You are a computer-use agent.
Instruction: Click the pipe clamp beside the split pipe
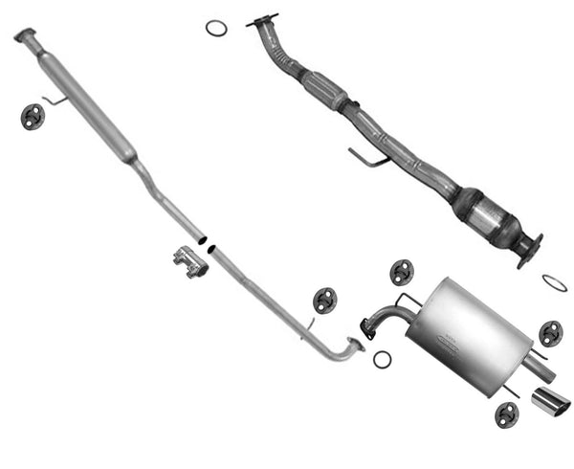[x=190, y=260]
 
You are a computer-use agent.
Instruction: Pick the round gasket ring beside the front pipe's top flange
[x=216, y=28]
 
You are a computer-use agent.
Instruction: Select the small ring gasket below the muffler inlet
[x=382, y=359]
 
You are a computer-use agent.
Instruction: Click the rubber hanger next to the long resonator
[x=33, y=117]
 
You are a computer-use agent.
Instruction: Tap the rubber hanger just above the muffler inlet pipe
[x=402, y=273]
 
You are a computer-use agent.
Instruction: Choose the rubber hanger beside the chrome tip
[x=506, y=414]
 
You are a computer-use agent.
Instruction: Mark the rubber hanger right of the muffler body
[x=550, y=333]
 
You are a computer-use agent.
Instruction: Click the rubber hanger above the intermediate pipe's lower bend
[x=325, y=300]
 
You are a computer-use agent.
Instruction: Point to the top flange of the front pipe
[x=261, y=20]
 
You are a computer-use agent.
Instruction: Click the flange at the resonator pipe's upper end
[x=25, y=36]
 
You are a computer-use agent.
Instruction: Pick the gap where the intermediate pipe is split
[x=207, y=244]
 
